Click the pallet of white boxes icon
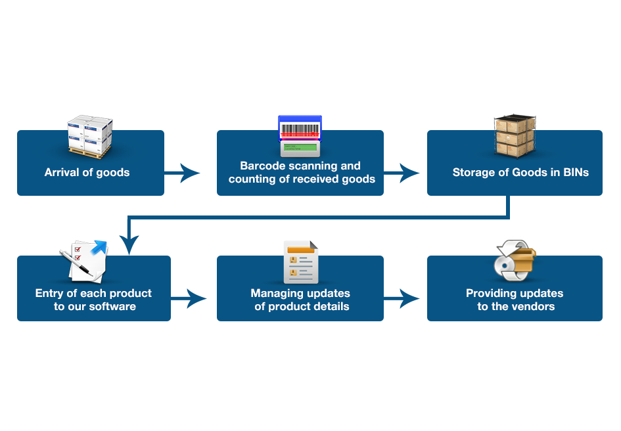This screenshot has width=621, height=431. click(x=90, y=137)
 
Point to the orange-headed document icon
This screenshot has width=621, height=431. click(x=300, y=262)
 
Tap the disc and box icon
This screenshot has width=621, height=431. click(x=515, y=261)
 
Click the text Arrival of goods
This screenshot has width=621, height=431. click(x=87, y=173)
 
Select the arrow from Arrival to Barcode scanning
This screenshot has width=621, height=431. click(x=182, y=173)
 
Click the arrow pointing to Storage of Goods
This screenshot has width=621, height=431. click(x=401, y=173)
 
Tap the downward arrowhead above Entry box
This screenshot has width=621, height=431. click(x=129, y=246)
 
